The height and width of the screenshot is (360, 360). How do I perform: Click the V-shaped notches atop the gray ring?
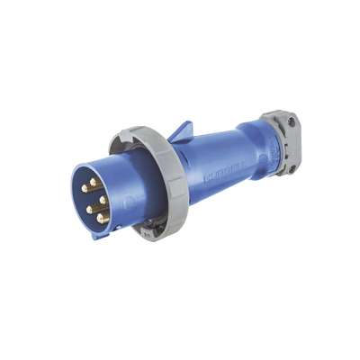point(117,136)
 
